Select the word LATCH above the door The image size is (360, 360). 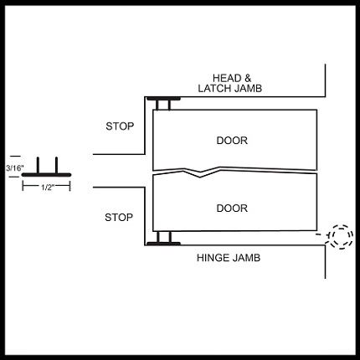point(215,89)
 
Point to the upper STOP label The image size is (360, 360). point(120,126)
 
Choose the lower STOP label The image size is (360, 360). point(119,217)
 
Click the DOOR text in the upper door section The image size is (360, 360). point(232,141)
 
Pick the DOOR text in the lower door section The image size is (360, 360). point(232,208)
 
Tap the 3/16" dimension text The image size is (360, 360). point(15,168)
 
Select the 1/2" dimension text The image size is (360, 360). point(47,188)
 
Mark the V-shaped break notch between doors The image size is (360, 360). point(200,173)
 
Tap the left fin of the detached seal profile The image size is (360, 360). point(38,165)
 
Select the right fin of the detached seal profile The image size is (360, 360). point(56,165)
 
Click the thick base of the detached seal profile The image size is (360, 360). point(46,175)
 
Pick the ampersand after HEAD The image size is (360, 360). point(247,78)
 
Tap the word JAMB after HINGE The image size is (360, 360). point(246,258)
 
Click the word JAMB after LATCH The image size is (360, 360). point(248,89)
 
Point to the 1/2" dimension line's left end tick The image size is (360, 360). point(23,185)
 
